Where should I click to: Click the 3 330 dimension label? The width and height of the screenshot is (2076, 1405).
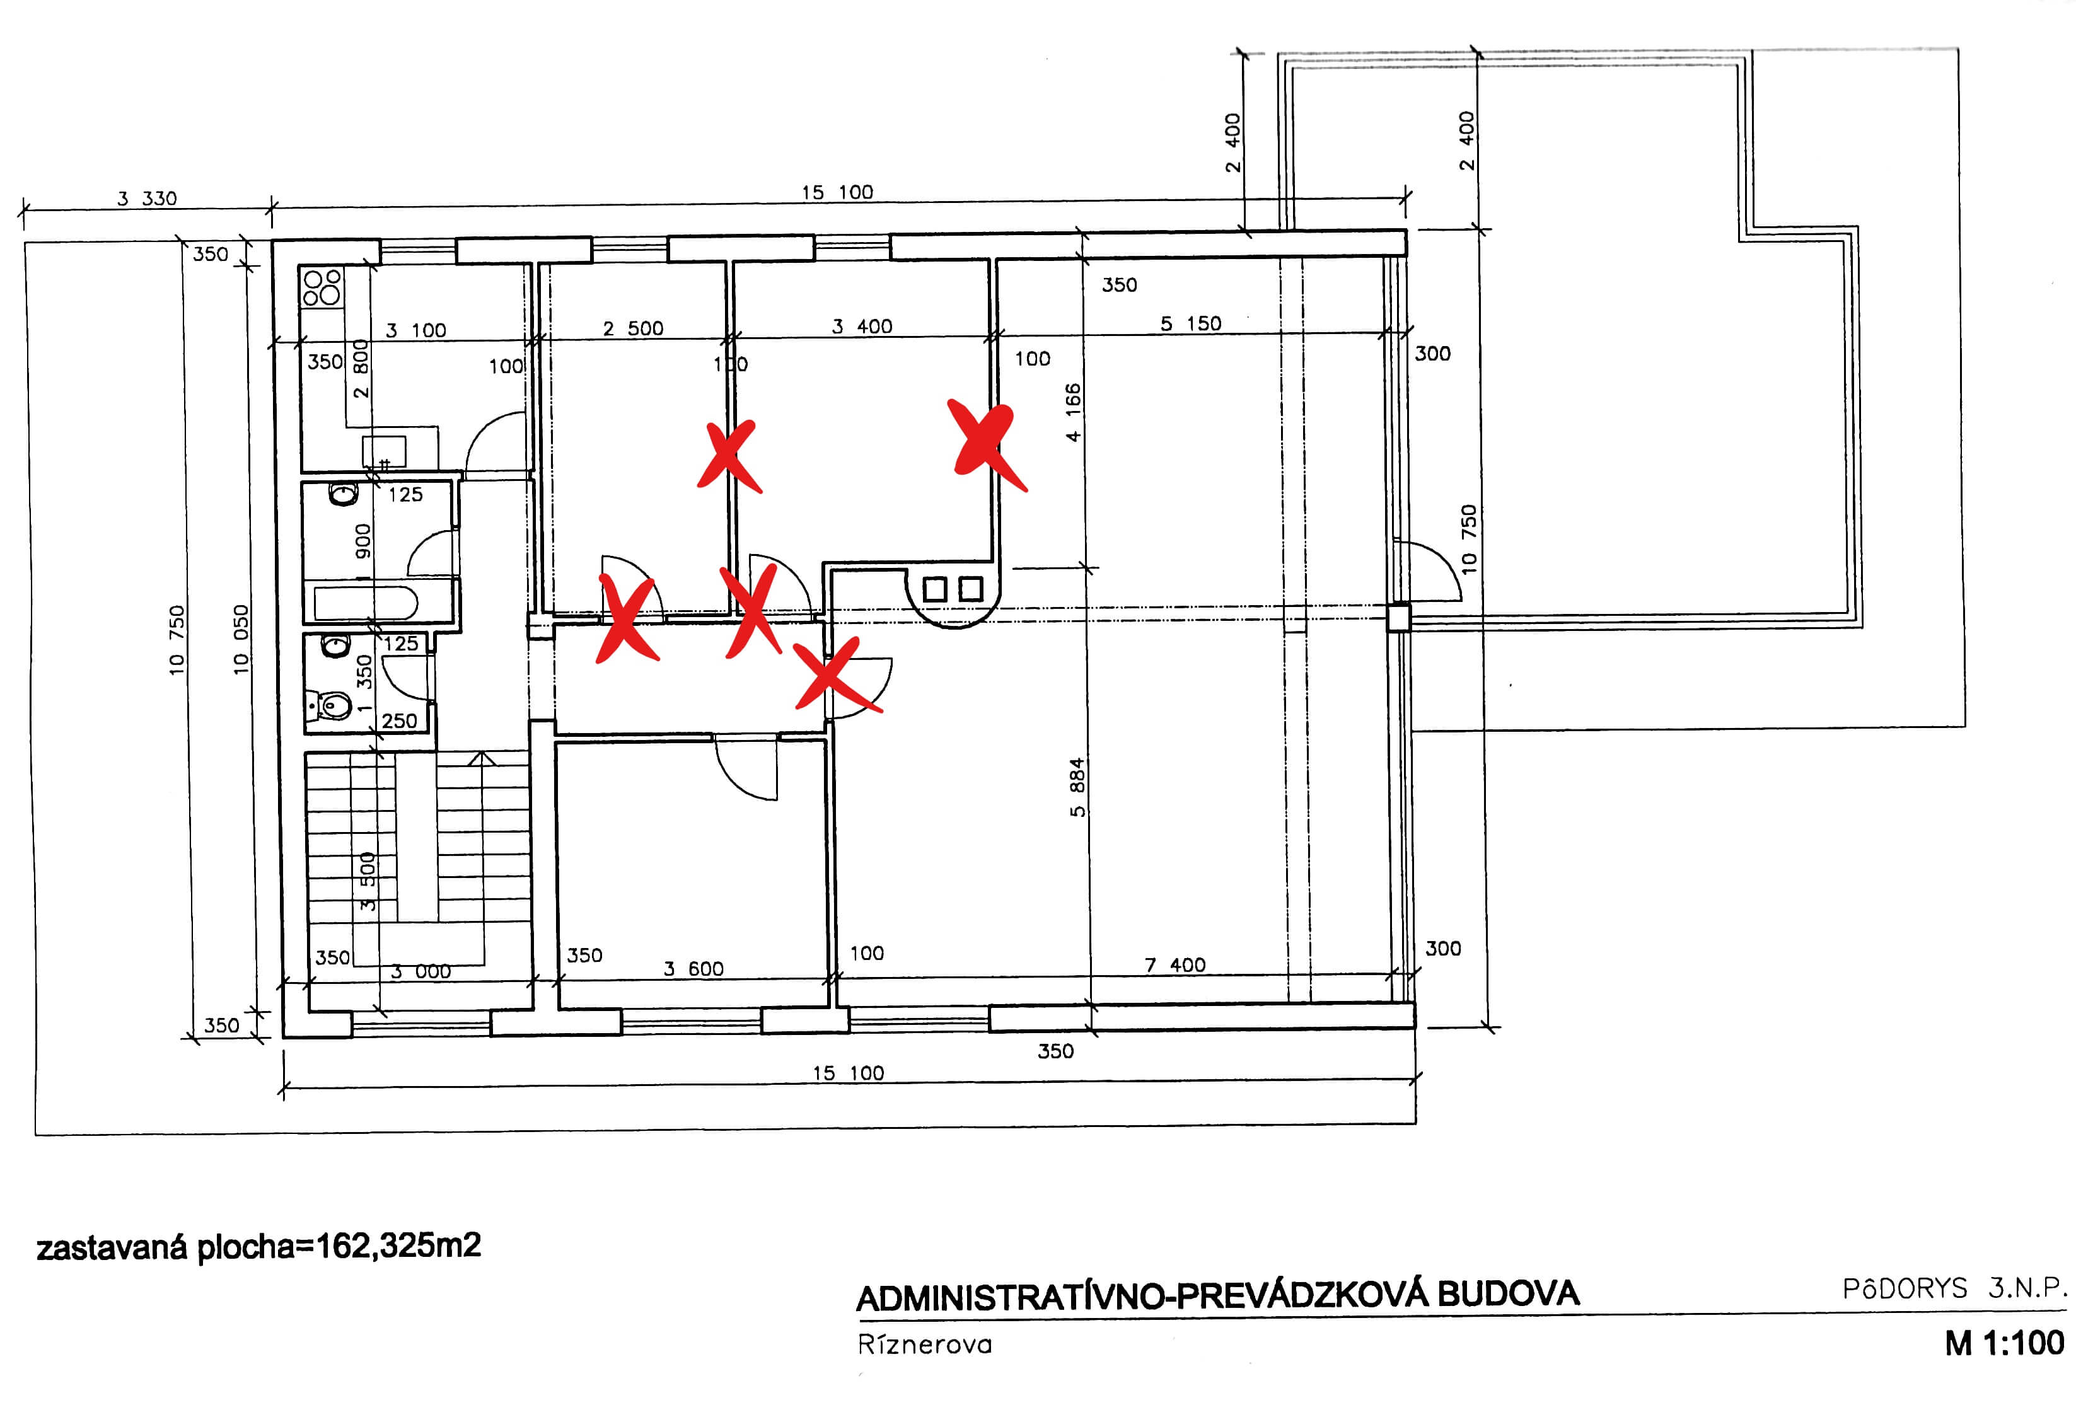[148, 199]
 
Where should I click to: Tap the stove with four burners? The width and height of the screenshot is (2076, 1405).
[322, 286]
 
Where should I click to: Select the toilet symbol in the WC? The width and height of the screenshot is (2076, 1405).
[334, 705]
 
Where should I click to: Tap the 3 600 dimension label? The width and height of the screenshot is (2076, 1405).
[693, 969]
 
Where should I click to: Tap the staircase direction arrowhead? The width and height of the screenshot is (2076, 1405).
[482, 758]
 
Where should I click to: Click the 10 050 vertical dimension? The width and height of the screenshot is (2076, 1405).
[240, 639]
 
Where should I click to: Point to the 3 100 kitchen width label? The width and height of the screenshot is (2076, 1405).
[415, 330]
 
